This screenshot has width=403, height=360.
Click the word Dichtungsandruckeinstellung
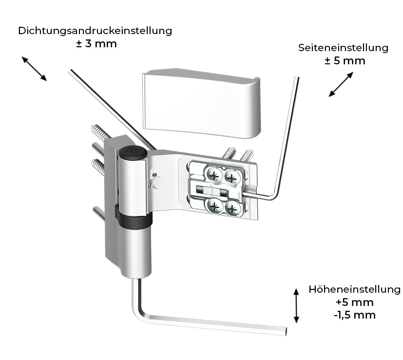(95, 31)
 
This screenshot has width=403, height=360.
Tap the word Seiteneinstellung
(343, 48)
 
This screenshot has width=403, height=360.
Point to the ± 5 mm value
(345, 61)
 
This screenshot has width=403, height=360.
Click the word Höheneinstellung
(354, 289)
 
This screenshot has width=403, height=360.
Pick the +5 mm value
(354, 302)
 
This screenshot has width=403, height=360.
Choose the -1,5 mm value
(355, 315)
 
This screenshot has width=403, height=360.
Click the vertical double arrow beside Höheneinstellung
(295, 305)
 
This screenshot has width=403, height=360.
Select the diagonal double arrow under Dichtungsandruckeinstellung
(34, 68)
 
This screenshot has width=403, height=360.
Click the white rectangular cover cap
(200, 101)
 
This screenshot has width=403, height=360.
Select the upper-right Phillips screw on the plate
(232, 177)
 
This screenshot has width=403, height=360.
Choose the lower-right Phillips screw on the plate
(233, 210)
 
